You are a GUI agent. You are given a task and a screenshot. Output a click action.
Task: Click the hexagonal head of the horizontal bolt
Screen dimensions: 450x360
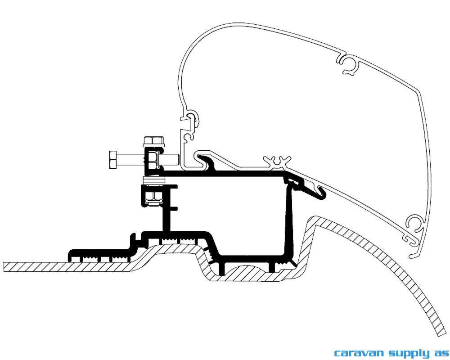113,159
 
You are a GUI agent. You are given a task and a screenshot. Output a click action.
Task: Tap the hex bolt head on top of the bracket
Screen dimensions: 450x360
153,141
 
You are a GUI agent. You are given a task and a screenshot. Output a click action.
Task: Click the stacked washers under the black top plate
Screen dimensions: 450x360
154,181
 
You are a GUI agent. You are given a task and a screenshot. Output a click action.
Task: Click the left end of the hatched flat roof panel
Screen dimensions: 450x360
4,266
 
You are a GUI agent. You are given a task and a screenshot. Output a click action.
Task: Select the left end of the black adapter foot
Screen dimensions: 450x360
70,255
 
